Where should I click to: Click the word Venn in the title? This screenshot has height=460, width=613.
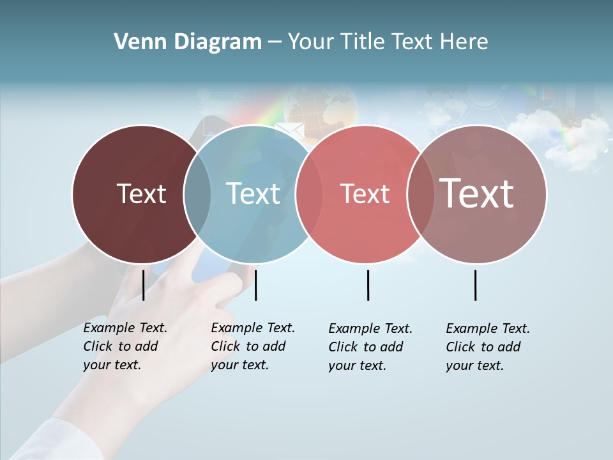(132, 42)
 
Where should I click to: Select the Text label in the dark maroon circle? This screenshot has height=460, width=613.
(141, 194)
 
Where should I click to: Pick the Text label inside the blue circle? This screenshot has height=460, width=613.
(253, 194)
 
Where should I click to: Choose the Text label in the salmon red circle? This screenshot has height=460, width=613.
(365, 194)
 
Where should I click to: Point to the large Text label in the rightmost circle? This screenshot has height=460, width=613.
(476, 193)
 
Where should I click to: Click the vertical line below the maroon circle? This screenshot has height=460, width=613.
(143, 285)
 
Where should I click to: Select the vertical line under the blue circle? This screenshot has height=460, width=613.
(255, 285)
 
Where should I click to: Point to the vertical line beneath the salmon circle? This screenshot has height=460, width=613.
(368, 285)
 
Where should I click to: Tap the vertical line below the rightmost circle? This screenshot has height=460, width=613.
(475, 285)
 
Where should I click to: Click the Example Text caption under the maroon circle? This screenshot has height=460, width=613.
(125, 346)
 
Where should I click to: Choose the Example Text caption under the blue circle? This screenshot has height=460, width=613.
(253, 346)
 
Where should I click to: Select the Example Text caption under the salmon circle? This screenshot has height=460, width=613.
(370, 347)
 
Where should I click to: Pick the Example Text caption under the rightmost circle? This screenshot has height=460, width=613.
(488, 347)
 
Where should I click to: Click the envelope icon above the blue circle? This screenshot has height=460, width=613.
(289, 131)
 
